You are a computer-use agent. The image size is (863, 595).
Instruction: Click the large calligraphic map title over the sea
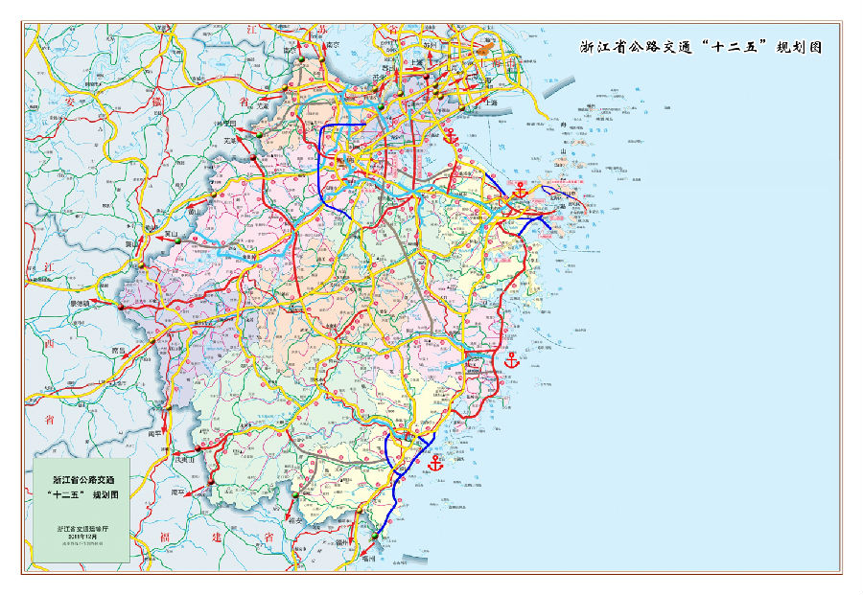point(701,47)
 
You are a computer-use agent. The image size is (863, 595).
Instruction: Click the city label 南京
point(333,44)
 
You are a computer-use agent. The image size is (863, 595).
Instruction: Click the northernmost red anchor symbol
point(450,135)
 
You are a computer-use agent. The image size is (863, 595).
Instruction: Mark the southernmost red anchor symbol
point(435,464)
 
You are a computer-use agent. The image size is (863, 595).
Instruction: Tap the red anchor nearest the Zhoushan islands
point(520,190)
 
